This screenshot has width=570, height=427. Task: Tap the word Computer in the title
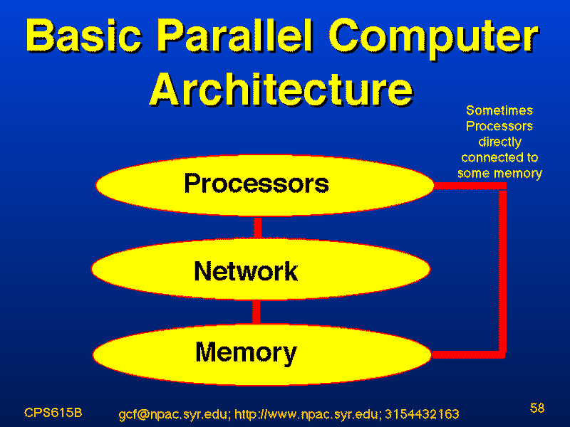[x=435, y=39]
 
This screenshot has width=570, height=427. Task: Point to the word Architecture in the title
[x=281, y=89]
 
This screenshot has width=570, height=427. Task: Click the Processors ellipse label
[x=256, y=183]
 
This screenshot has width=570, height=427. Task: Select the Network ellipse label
[x=246, y=271]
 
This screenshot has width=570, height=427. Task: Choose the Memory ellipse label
[x=246, y=353]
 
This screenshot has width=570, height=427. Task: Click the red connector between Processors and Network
[x=257, y=228]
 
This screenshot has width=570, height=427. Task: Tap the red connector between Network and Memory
[x=256, y=312]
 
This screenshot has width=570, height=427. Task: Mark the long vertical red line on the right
[x=502, y=270]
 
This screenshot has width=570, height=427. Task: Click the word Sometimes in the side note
[x=499, y=110]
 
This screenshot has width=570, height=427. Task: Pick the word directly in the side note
[x=500, y=142]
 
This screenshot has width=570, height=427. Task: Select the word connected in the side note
[x=487, y=157]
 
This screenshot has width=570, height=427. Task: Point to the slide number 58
[x=537, y=408]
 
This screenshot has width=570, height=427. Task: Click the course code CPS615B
[x=53, y=413]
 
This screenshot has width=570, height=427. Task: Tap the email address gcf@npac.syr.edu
[x=174, y=414]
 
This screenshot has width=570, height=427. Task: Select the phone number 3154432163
[x=422, y=414]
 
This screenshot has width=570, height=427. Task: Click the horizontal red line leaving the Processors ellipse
[x=470, y=186]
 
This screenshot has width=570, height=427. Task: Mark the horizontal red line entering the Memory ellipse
[x=468, y=354]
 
